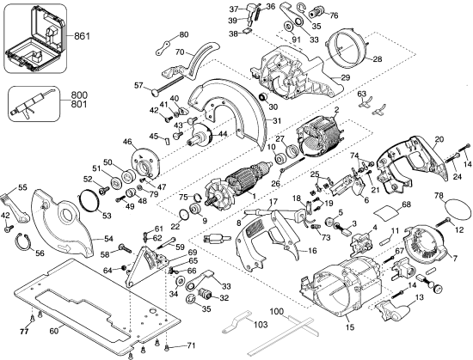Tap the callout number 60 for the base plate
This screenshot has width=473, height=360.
click(53, 331)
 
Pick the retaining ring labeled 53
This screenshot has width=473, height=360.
click(87, 204)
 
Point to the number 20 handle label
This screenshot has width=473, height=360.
click(439, 139)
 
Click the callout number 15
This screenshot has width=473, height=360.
click(349, 327)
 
